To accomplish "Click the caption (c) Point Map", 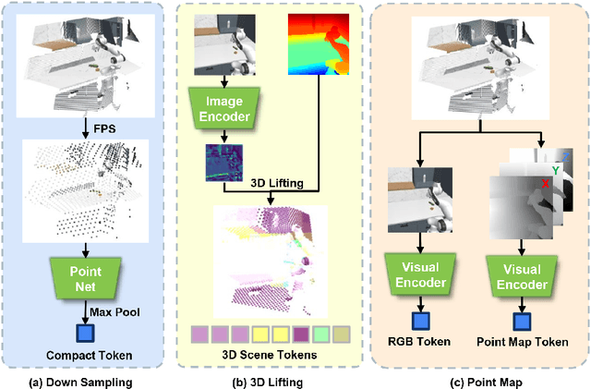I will [474, 378].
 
